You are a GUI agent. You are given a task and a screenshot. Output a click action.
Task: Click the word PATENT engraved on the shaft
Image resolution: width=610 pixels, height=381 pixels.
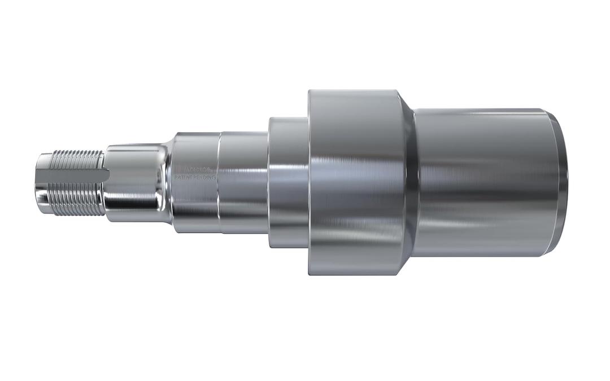point(183,177)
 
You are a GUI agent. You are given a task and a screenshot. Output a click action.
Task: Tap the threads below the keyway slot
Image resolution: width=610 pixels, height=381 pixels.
point(76,200)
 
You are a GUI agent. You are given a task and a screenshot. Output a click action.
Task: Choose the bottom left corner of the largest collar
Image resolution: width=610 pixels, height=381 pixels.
point(310,274)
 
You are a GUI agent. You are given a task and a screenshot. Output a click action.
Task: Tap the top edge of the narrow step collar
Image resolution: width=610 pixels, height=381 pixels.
point(288,118)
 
